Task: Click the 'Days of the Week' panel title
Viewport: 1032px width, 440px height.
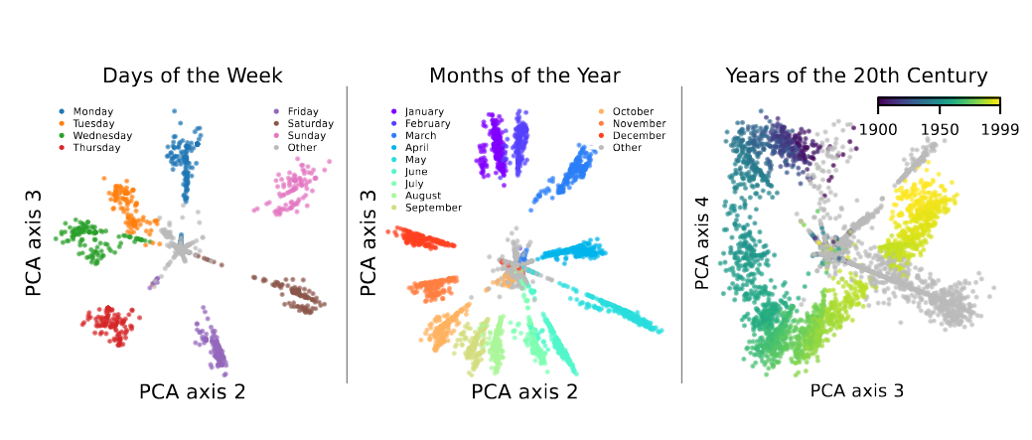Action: (193, 75)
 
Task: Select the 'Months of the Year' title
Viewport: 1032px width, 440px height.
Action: (524, 75)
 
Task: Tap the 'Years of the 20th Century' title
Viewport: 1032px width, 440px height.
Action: (855, 75)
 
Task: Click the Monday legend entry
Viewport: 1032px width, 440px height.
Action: (93, 111)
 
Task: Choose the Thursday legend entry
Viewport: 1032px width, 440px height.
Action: (96, 147)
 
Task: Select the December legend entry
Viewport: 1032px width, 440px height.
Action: (639, 135)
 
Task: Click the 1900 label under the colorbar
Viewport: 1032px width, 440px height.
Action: (877, 129)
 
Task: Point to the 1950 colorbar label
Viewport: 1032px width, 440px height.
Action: (940, 129)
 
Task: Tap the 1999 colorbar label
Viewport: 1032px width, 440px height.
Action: (998, 129)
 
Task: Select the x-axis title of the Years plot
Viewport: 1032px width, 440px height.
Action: (856, 391)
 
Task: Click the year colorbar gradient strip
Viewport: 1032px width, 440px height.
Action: (939, 102)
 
